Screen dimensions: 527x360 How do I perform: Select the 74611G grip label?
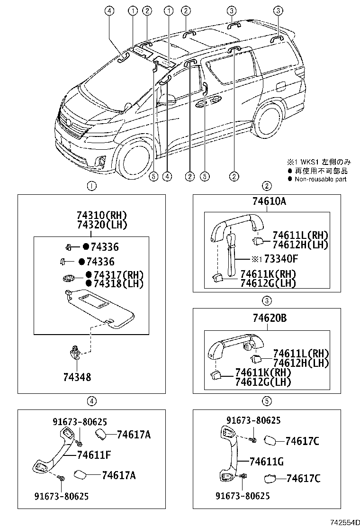266,461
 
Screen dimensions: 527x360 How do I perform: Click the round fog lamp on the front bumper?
102,163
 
